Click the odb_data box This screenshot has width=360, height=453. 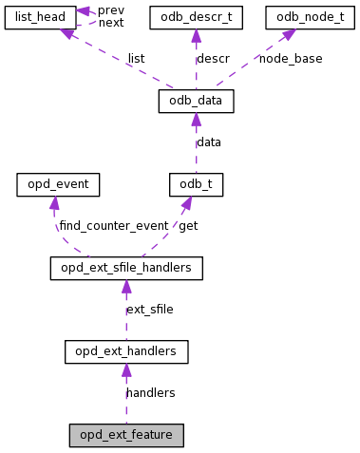[195, 100]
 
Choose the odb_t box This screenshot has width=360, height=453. [195, 184]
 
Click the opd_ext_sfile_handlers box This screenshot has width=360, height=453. [126, 269]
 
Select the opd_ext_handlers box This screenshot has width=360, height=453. [126, 352]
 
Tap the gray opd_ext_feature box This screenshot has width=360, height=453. [126, 435]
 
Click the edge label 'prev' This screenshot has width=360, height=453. [111, 9]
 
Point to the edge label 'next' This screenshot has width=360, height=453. [111, 23]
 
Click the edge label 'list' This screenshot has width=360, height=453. [136, 58]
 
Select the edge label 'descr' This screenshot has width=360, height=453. [213, 58]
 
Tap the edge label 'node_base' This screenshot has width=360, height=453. [291, 58]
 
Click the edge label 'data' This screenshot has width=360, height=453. [209, 142]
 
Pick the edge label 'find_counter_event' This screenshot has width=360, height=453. [114, 226]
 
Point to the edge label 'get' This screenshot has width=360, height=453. [188, 226]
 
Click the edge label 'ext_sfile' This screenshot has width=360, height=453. [150, 310]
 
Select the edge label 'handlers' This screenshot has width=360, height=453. [150, 392]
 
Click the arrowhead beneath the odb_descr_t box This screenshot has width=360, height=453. [195, 35]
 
